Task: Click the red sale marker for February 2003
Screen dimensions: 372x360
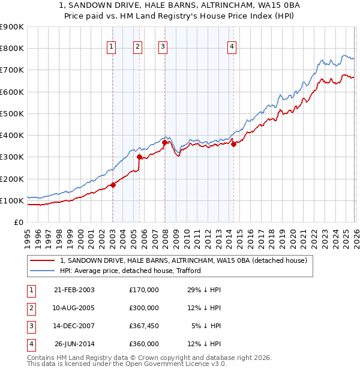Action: click(113, 185)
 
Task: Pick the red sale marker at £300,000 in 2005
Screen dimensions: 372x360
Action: click(139, 157)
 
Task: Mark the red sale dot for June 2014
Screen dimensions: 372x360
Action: click(233, 143)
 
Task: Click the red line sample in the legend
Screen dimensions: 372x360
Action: click(42, 260)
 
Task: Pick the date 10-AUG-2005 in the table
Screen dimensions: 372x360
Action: click(74, 308)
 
